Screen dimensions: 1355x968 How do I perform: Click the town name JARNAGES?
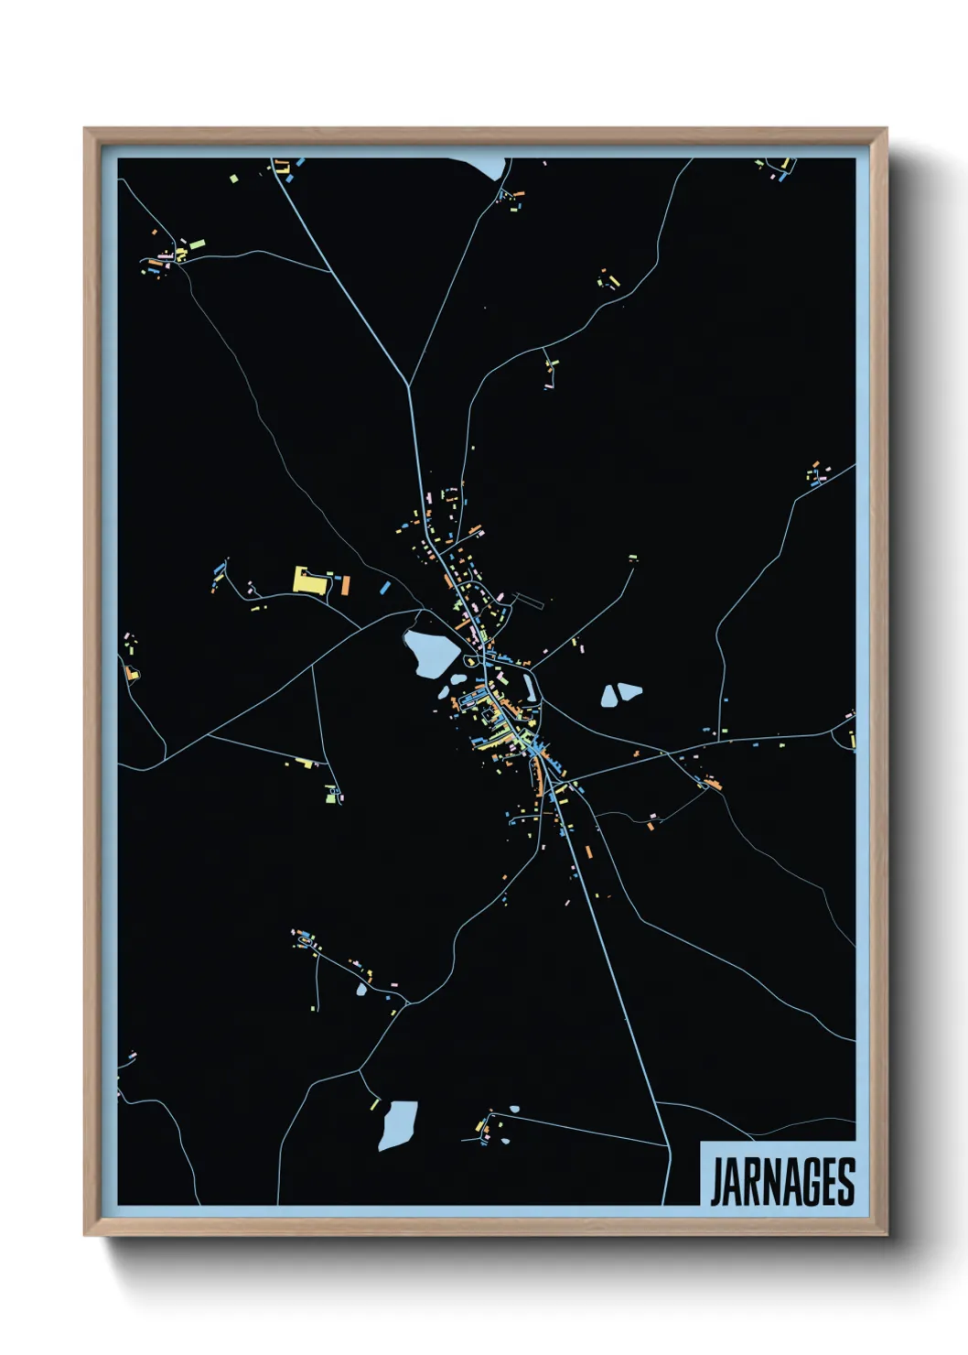click(x=782, y=1182)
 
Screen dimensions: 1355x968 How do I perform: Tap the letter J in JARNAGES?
click(x=716, y=1182)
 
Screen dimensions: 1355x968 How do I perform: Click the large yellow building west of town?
click(x=307, y=580)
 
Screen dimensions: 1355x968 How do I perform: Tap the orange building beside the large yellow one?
click(x=345, y=585)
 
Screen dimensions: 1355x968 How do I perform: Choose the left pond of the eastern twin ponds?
click(x=609, y=697)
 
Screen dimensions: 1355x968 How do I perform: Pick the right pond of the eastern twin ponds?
click(x=629, y=692)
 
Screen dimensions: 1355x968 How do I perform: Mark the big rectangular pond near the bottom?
click(x=398, y=1125)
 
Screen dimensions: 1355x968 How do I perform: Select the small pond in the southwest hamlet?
click(x=361, y=990)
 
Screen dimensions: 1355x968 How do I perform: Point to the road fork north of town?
click(x=408, y=385)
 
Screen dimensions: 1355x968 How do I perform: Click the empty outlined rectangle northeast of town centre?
click(x=528, y=601)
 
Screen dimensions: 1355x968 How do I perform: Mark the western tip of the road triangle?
click(x=210, y=735)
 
